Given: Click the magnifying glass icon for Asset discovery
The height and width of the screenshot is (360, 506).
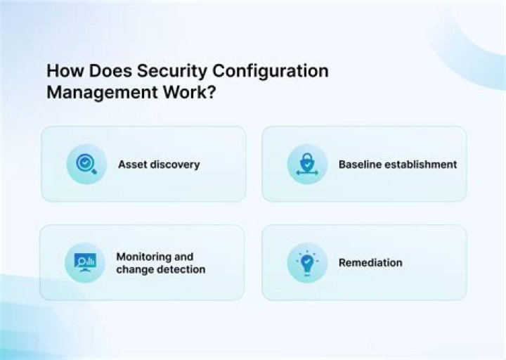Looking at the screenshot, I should [86, 165].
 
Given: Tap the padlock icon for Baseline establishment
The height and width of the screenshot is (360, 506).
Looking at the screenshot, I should [307, 165].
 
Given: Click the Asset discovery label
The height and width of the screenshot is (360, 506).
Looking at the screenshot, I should [159, 165].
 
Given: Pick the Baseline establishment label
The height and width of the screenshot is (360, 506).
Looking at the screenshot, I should [398, 165].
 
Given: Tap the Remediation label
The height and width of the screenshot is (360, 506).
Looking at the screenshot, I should [370, 263].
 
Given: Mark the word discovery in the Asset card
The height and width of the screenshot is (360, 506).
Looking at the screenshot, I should [174, 165].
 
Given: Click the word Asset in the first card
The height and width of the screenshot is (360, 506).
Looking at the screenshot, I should [132, 165].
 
